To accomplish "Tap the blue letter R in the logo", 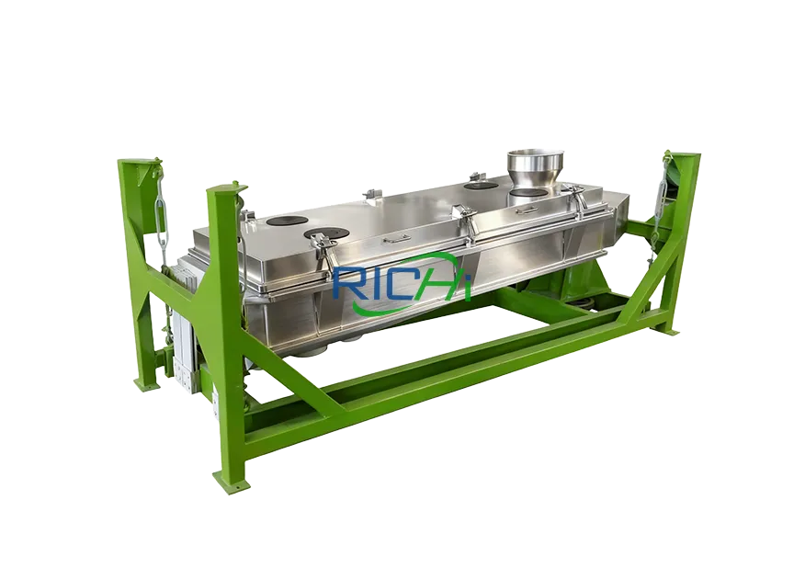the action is tap(346, 283).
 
